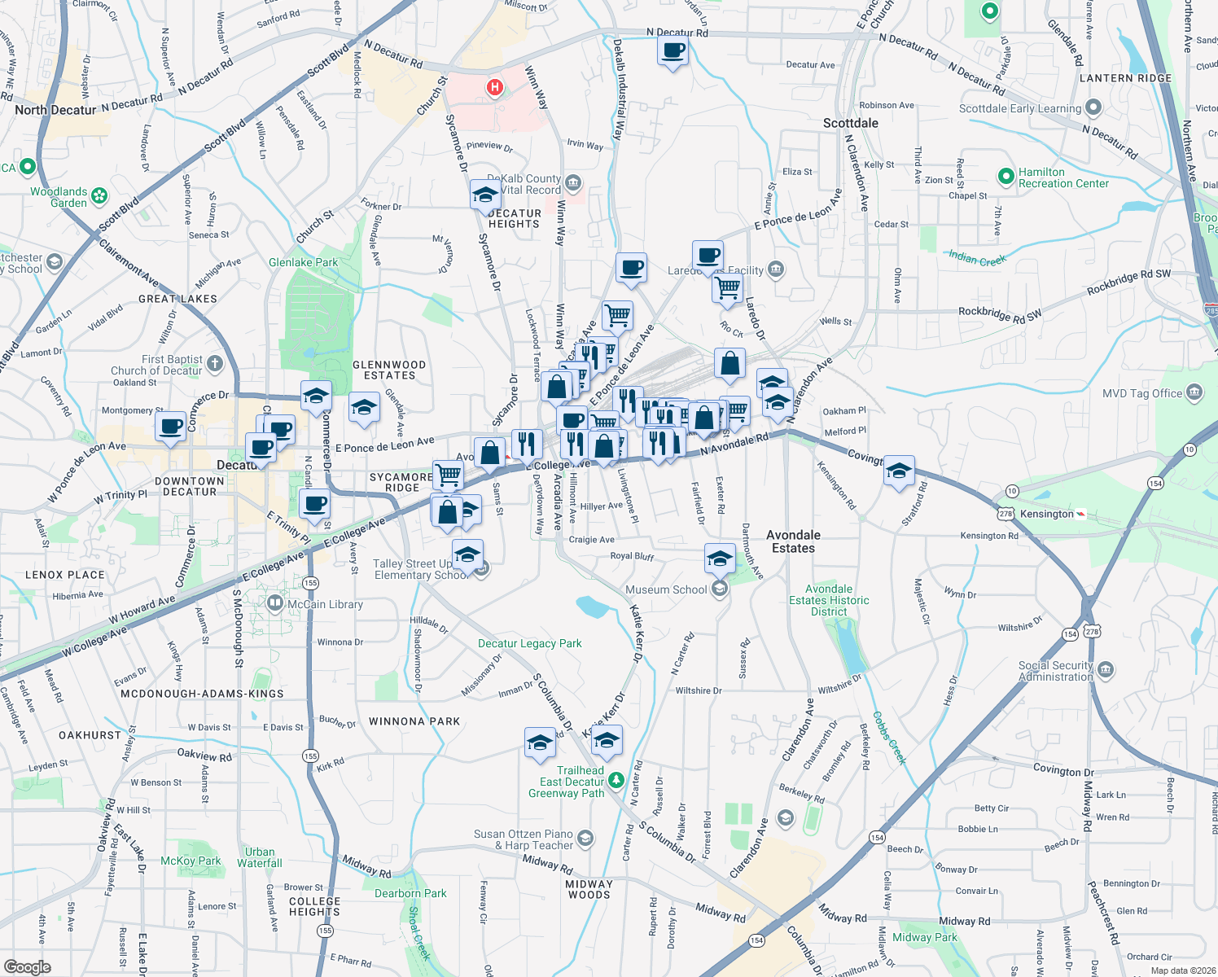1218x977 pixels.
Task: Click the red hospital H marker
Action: (494, 87)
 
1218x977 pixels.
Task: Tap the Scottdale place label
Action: (850, 123)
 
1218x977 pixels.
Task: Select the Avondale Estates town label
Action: (793, 541)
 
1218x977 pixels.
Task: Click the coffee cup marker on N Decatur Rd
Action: (673, 51)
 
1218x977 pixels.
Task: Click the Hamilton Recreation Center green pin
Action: (1006, 175)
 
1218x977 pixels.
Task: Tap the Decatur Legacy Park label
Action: (529, 643)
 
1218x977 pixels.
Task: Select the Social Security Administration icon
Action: (1106, 670)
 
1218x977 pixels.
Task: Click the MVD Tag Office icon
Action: (1194, 392)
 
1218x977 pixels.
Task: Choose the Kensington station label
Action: (1047, 514)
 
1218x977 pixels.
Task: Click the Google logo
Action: (28, 966)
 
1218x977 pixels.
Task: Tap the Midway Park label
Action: (924, 937)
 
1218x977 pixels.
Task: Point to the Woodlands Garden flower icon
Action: (99, 195)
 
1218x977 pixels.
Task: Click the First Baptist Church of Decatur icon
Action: (215, 363)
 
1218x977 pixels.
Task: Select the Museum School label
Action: (666, 589)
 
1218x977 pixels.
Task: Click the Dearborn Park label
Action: (410, 893)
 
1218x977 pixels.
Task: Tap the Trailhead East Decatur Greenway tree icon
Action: (616, 781)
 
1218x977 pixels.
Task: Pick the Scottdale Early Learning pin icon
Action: (1093, 107)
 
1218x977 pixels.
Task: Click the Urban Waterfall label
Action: (260, 857)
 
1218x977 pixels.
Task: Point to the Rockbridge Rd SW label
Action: (1000, 313)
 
